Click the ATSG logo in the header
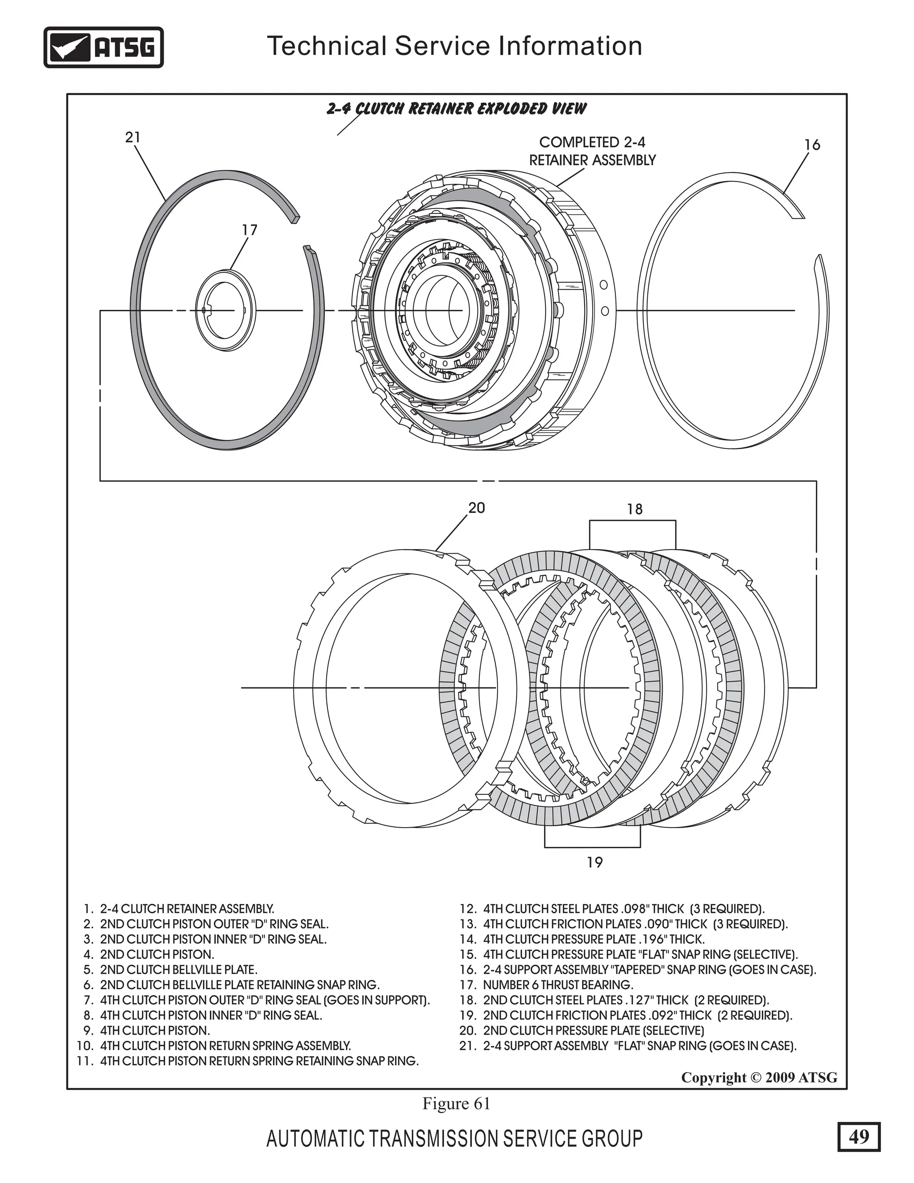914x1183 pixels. [104, 48]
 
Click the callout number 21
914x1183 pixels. [133, 137]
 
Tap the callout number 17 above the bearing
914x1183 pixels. [249, 230]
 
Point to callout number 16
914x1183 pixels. [812, 145]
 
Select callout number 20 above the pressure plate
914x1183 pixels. [477, 508]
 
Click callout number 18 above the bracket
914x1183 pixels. [635, 509]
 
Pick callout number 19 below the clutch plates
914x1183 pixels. [594, 862]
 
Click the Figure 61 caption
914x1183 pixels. [456, 1104]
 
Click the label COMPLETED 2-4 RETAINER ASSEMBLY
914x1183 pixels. [592, 151]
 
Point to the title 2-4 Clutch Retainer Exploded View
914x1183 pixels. [456, 108]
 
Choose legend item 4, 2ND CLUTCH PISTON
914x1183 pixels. [150, 954]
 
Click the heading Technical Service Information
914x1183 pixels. [455, 46]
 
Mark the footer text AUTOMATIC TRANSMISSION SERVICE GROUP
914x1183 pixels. [454, 1139]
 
